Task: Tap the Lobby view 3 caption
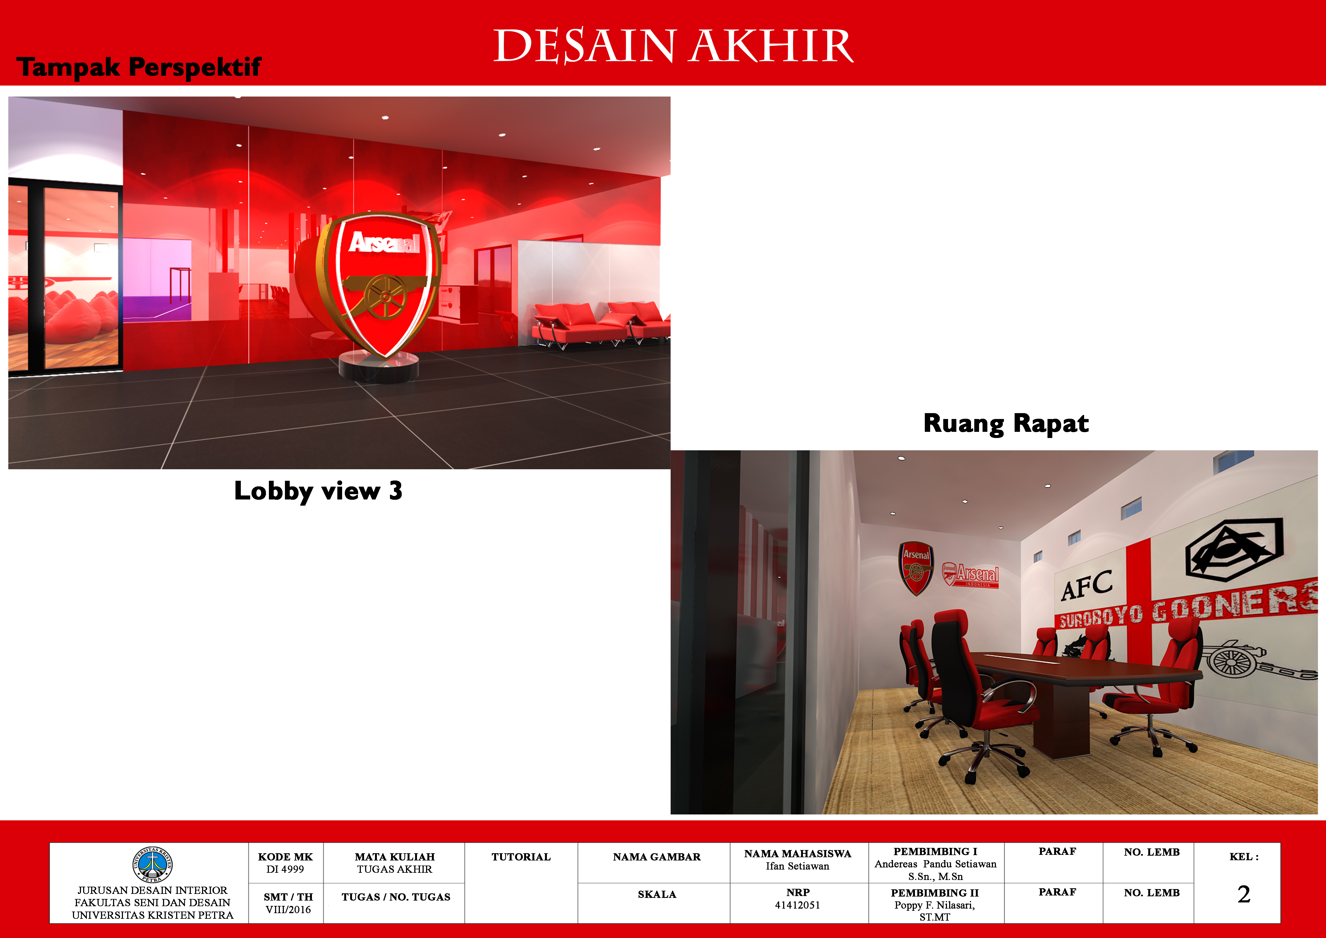318,491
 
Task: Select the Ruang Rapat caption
1006,423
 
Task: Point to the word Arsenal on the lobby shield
384,243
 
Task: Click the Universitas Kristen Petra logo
152,865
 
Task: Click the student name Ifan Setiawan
798,866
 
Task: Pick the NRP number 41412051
798,905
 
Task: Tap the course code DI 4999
285,869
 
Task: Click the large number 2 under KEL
1244,894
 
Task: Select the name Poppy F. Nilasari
934,905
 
